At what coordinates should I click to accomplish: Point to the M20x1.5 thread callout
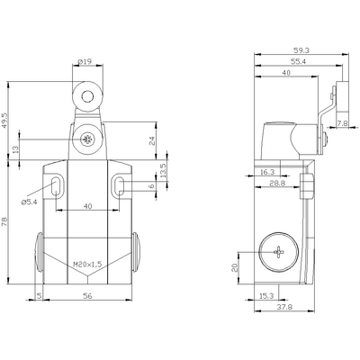(x=88, y=264)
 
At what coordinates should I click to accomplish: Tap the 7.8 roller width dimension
(x=342, y=123)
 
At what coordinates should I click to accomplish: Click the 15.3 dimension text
(x=267, y=292)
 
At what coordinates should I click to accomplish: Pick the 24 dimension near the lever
(x=152, y=139)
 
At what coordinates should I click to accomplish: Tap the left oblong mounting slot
(x=57, y=186)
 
